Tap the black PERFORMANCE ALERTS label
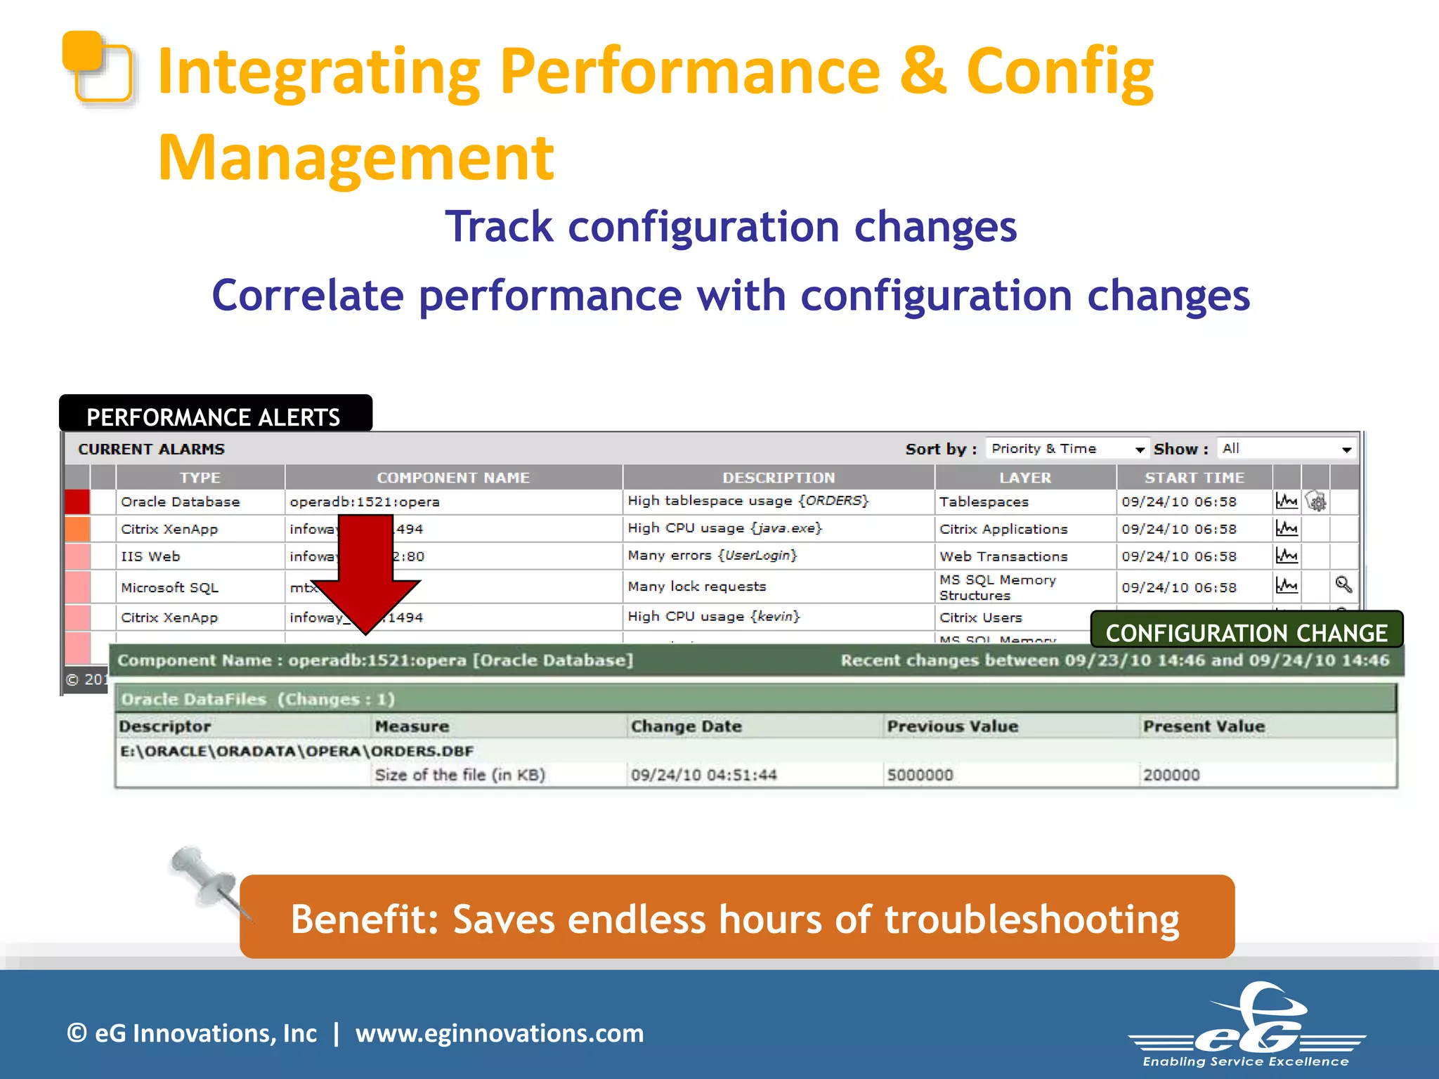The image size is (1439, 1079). pyautogui.click(x=214, y=417)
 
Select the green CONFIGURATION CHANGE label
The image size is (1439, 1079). pyautogui.click(x=1246, y=632)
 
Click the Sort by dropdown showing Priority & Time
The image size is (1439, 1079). pyautogui.click(x=1067, y=448)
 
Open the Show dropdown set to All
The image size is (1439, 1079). pyautogui.click(x=1286, y=448)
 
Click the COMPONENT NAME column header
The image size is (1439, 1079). pyautogui.click(x=453, y=478)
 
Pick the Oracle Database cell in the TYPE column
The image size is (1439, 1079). pyautogui.click(x=181, y=502)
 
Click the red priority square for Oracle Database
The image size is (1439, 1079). pyautogui.click(x=77, y=502)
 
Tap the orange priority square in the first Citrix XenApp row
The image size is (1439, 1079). pyautogui.click(x=77, y=529)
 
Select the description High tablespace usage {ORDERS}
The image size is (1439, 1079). pyautogui.click(x=748, y=501)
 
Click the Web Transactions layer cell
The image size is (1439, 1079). pyautogui.click(x=1003, y=556)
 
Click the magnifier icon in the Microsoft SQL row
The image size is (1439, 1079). pyautogui.click(x=1343, y=584)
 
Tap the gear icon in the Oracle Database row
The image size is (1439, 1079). pyautogui.click(x=1316, y=502)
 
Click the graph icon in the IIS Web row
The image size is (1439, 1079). pyautogui.click(x=1287, y=556)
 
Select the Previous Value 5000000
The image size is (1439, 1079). pyautogui.click(x=920, y=775)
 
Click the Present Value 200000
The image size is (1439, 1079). pyautogui.click(x=1171, y=775)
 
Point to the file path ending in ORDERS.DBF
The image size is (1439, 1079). pyautogui.click(x=297, y=751)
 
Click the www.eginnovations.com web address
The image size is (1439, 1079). pyautogui.click(x=499, y=1033)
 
